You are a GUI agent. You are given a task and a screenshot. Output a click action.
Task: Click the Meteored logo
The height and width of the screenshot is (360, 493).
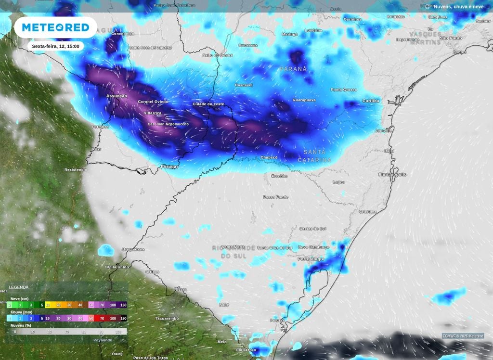pos(55,27)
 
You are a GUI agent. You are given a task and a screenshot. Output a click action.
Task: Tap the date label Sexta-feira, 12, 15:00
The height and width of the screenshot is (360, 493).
pos(55,46)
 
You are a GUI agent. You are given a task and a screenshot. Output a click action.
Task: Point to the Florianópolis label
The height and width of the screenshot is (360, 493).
pos(392,174)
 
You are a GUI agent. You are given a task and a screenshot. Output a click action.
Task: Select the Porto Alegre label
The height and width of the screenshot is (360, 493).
pos(311,259)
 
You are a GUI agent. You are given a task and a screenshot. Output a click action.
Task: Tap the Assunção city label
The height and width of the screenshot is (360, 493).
pos(117,96)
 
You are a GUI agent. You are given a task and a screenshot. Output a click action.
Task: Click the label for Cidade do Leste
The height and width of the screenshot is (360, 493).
pos(208,104)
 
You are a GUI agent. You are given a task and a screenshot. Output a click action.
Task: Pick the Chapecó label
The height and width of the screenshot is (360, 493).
pos(269,157)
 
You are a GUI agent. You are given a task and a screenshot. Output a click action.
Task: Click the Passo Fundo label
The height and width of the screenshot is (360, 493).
pos(276,197)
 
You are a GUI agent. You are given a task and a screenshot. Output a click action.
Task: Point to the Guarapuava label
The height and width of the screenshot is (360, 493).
pos(304,100)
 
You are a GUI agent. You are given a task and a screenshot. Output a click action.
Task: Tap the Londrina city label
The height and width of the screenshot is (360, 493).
pos(313,30)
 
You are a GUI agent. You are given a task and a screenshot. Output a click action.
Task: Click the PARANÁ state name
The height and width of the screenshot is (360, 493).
pos(293,69)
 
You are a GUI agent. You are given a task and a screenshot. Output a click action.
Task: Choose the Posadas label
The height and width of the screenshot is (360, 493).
pos(169,167)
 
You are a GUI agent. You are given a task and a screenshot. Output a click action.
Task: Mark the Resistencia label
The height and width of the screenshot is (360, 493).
pos(76,170)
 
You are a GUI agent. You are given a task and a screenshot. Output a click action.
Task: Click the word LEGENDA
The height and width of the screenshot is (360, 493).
pos(19,287)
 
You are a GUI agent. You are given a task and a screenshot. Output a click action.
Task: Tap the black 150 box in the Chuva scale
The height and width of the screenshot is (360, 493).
pos(123,318)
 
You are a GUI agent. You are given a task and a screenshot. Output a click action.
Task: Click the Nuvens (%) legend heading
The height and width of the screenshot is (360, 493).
pos(22,325)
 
